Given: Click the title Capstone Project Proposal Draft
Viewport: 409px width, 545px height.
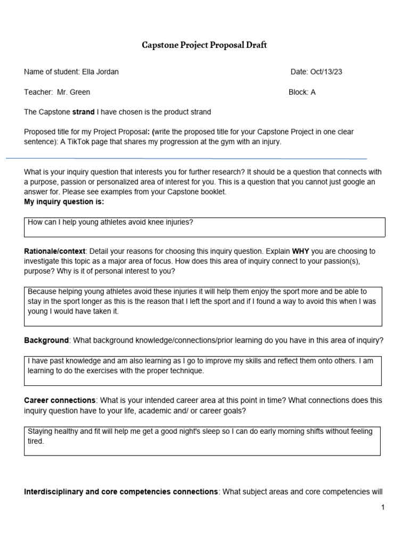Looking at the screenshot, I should pyautogui.click(x=204, y=45).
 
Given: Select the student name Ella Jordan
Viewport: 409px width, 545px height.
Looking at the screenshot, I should pyautogui.click(x=100, y=72).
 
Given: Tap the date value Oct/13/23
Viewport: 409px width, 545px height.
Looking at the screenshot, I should pyautogui.click(x=326, y=72).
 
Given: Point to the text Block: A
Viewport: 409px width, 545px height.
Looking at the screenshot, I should pyautogui.click(x=302, y=92).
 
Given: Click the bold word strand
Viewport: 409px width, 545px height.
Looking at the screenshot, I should pyautogui.click(x=83, y=112).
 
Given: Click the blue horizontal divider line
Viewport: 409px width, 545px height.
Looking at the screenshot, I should pyautogui.click(x=186, y=159).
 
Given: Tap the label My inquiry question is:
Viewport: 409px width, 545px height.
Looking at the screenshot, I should pyautogui.click(x=64, y=202).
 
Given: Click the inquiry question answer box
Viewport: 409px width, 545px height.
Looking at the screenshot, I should pyautogui.click(x=205, y=227).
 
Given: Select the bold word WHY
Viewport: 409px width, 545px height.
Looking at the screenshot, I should pyautogui.click(x=300, y=251).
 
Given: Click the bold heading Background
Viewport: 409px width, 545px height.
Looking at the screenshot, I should pyautogui.click(x=46, y=340).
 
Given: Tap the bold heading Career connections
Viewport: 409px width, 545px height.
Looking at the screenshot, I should pyautogui.click(x=60, y=400).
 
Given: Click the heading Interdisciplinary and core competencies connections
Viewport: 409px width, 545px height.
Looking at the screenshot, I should pyautogui.click(x=121, y=492).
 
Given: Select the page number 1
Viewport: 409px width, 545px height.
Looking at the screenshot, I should pyautogui.click(x=382, y=508).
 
